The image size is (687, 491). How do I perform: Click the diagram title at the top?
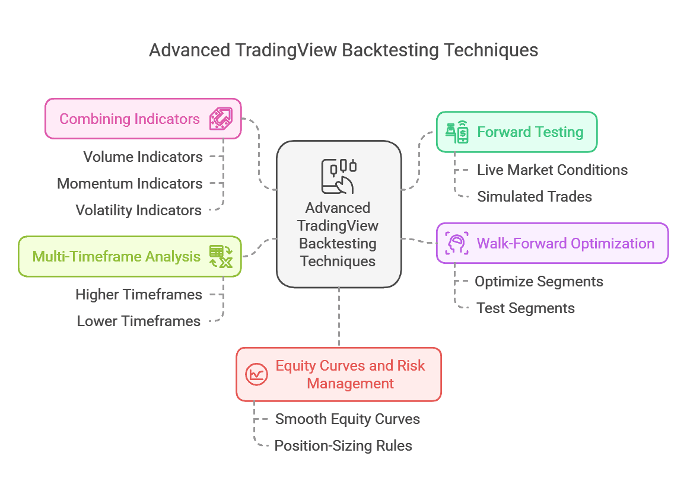(x=343, y=50)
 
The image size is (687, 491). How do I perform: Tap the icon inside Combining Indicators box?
(x=221, y=119)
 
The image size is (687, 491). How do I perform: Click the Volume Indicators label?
(x=142, y=157)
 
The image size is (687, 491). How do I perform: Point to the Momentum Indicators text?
(x=129, y=184)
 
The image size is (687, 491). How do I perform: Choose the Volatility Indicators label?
(x=138, y=211)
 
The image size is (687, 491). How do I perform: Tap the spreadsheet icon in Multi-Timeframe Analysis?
(x=221, y=256)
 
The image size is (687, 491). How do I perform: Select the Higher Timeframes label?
(x=138, y=295)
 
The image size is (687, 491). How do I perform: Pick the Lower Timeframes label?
(x=138, y=321)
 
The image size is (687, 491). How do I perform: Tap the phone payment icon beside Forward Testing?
(x=457, y=132)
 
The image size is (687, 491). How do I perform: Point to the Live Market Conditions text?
(x=552, y=170)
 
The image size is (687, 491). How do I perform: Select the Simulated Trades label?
(x=534, y=197)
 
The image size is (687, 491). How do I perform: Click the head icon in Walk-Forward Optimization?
(x=457, y=243)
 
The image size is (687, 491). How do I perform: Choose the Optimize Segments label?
(x=539, y=282)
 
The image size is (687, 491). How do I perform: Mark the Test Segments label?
(x=525, y=308)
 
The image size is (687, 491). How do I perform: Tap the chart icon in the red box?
(x=257, y=374)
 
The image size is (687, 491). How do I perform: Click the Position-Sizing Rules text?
(x=343, y=446)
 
